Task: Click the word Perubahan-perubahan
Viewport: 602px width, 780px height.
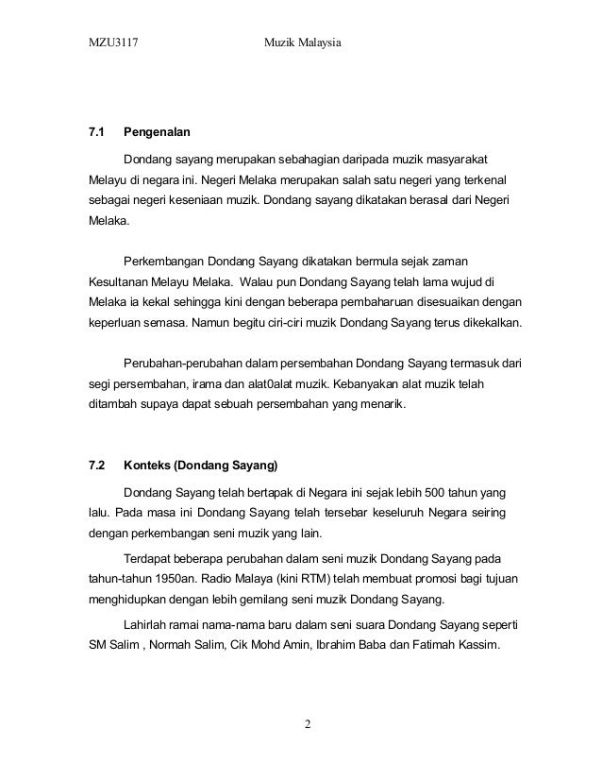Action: click(183, 363)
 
